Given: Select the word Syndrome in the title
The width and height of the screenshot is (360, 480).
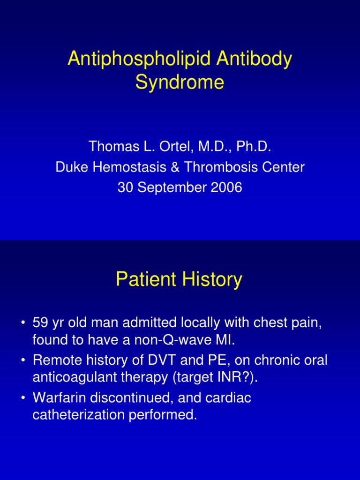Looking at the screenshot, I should (180, 82).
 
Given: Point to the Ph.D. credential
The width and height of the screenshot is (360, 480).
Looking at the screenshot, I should (253, 147).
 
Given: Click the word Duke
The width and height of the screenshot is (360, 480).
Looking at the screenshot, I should (70, 167).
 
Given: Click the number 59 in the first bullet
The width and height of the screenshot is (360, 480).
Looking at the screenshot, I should (40, 323).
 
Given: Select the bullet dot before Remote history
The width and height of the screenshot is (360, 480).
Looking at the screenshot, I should (23, 361).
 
